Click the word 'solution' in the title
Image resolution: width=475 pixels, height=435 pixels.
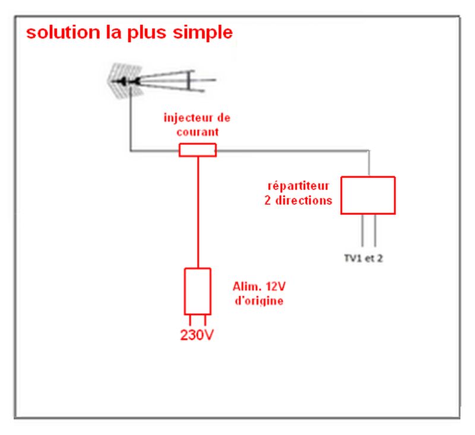coord(63,32)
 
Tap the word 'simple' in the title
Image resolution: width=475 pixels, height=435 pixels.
coord(202,33)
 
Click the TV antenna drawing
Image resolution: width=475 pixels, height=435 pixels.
coord(161,81)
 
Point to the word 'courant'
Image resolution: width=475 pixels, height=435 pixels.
coord(198,132)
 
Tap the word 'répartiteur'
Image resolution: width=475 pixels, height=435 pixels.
coord(299,186)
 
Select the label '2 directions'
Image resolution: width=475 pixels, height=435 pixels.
coord(298,201)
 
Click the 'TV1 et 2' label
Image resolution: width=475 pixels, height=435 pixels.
coord(363,258)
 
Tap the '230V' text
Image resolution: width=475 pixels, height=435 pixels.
coord(197,335)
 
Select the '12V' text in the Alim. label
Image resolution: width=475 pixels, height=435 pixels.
coord(275,287)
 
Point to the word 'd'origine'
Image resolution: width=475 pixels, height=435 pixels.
coord(259,301)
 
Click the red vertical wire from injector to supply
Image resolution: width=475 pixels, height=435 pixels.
coord(198,212)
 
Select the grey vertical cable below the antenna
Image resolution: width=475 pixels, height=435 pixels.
coord(131,119)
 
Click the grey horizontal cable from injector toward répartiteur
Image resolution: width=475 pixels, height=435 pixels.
coord(293,151)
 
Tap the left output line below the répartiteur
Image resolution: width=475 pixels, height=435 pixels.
coord(362,230)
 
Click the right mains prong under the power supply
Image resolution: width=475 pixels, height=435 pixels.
coord(205,320)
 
